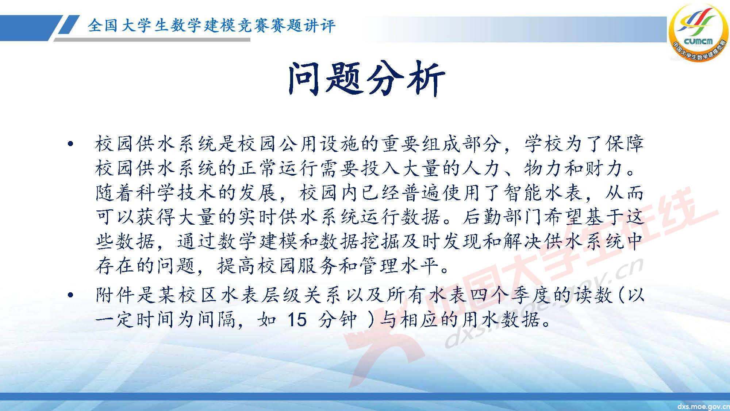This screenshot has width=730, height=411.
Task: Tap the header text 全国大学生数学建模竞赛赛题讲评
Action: coord(211,26)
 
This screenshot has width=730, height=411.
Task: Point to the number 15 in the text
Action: coord(297,320)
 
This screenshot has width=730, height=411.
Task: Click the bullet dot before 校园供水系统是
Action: coord(70,144)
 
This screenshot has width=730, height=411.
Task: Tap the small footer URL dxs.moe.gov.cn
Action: coord(702,407)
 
